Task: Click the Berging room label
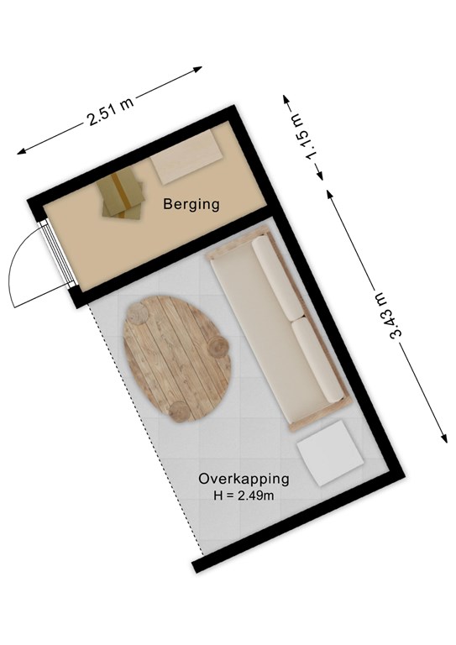[191, 204]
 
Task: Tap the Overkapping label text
[244, 479]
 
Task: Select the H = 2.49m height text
[244, 496]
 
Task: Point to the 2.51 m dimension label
[110, 112]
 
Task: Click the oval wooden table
[178, 359]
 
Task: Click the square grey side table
[330, 453]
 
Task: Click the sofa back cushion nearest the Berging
[279, 279]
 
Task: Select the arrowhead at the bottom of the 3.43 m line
[444, 438]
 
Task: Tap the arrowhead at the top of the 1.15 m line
[286, 100]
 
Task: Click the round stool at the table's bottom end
[180, 412]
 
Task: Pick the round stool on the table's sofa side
[218, 346]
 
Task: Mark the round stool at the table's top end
[139, 314]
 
